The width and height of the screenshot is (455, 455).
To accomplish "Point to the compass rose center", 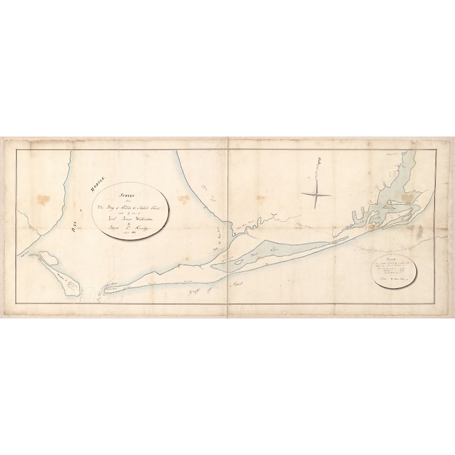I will tap(316, 195).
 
